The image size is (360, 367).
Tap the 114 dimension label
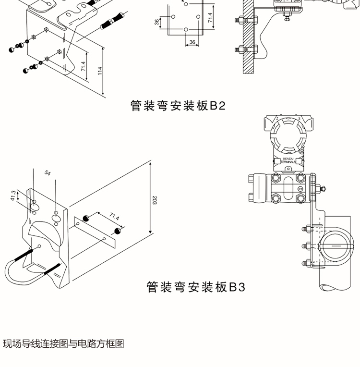point(100,70)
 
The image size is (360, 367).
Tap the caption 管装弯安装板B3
point(195,287)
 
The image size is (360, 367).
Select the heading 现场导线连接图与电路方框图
point(63,344)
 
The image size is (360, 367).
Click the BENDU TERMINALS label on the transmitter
point(288,160)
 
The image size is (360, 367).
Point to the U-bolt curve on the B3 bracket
point(14,274)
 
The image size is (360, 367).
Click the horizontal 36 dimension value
point(192,42)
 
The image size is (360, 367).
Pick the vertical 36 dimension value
point(157,22)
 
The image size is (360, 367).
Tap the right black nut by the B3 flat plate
point(117,231)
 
